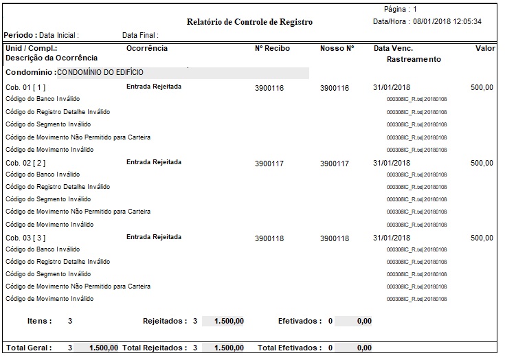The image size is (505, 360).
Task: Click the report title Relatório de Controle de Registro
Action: [x=249, y=22]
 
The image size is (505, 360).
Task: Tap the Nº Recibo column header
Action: [x=272, y=49]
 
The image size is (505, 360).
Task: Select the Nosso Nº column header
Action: [x=337, y=49]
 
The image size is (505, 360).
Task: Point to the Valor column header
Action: [x=485, y=49]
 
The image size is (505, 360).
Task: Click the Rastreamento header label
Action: [x=414, y=59]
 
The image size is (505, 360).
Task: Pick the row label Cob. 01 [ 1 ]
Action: [x=26, y=88]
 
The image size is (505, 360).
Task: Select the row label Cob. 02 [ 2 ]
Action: [x=26, y=163]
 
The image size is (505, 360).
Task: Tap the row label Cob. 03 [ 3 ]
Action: [x=26, y=238]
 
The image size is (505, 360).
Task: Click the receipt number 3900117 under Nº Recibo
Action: [x=269, y=164]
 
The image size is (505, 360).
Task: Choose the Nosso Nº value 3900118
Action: [x=335, y=238]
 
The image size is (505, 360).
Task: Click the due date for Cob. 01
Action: [x=392, y=88]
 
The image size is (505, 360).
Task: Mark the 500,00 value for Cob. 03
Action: [x=482, y=238]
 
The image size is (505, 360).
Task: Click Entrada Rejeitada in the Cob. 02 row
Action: [x=154, y=162]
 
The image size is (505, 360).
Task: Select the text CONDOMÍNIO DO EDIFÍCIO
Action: [x=101, y=71]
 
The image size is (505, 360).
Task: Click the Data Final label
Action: [x=140, y=35]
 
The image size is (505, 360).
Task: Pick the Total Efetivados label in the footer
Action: [x=289, y=348]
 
